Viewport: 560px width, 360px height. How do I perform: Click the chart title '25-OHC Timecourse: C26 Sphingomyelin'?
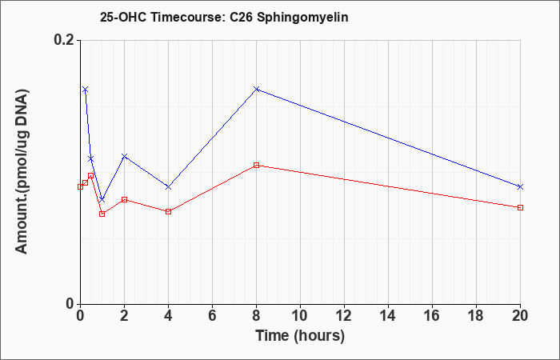pos(224,17)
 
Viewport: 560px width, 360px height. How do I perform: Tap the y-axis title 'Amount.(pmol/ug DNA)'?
pos(22,171)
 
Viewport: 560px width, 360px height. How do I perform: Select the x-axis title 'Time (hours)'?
pos(300,336)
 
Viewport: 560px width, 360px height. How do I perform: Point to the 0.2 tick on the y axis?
pos(66,40)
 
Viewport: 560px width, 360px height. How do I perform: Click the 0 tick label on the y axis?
pos(70,304)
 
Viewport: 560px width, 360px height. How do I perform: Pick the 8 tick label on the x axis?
pos(257,316)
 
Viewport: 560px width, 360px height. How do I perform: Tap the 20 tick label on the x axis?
pos(520,316)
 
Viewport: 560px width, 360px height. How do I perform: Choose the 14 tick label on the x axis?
pos(388,316)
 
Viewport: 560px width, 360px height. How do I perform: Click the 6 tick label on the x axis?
pos(213,316)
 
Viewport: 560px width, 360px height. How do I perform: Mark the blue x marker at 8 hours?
pos(257,89)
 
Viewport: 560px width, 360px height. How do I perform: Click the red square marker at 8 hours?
pos(257,166)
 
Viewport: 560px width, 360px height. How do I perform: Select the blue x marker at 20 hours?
pos(520,186)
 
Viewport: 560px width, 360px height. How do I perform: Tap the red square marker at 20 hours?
pos(520,207)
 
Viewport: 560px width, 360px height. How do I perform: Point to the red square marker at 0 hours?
pos(80,186)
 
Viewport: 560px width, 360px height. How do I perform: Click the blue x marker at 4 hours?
pos(169,186)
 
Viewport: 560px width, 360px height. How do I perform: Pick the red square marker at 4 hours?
pos(169,211)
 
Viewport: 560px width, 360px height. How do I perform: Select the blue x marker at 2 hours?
pos(124,156)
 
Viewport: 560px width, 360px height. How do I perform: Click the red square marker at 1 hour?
pos(102,214)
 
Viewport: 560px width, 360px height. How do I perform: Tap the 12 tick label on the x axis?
pos(344,316)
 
